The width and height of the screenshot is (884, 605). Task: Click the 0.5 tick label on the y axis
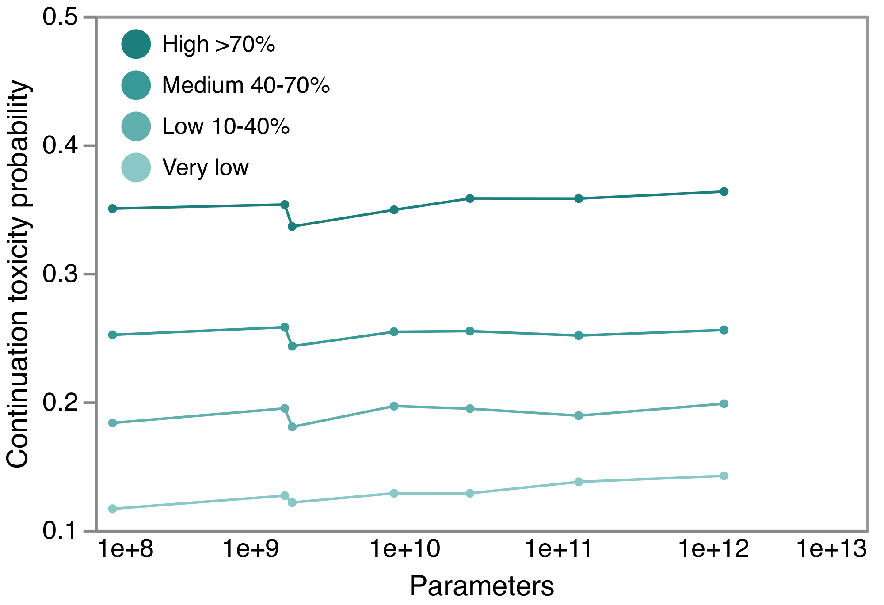pyautogui.click(x=60, y=17)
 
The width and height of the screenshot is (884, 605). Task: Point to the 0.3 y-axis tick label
pyautogui.click(x=60, y=274)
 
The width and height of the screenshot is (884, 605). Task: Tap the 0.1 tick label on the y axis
pyautogui.click(x=60, y=530)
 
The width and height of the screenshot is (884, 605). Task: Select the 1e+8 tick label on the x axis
pyautogui.click(x=126, y=549)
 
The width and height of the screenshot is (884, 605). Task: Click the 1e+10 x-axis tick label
pyautogui.click(x=404, y=549)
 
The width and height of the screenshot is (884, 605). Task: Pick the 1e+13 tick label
pyautogui.click(x=831, y=549)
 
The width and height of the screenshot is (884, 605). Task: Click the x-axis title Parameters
pyautogui.click(x=481, y=586)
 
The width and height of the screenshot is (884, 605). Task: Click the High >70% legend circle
pyautogui.click(x=136, y=44)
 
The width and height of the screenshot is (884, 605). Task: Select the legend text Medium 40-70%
pyautogui.click(x=246, y=85)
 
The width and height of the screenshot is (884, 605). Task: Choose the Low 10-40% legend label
pyautogui.click(x=225, y=126)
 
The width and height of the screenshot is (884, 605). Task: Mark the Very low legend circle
pyautogui.click(x=136, y=167)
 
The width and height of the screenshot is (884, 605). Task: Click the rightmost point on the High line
pyautogui.click(x=724, y=191)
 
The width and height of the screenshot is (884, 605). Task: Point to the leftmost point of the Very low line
pyautogui.click(x=113, y=509)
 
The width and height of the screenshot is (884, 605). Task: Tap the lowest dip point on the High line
pyautogui.click(x=292, y=227)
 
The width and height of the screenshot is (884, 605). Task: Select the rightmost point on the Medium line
pyautogui.click(x=724, y=330)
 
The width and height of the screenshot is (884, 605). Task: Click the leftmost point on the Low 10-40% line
pyautogui.click(x=113, y=423)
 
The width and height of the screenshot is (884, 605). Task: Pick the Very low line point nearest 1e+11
pyautogui.click(x=579, y=482)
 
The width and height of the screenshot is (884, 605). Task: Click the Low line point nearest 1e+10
pyautogui.click(x=394, y=406)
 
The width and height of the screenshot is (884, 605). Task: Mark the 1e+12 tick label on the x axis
pyautogui.click(x=713, y=549)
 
